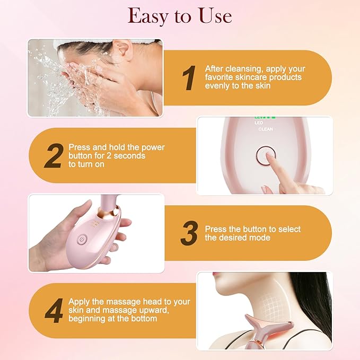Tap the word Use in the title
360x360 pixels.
point(212,16)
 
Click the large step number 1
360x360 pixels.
point(188,78)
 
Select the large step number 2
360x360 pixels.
point(53,156)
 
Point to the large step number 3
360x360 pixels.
point(189,234)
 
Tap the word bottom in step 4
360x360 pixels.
point(144,319)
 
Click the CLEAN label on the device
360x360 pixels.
point(267,129)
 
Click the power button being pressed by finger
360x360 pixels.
point(264,155)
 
